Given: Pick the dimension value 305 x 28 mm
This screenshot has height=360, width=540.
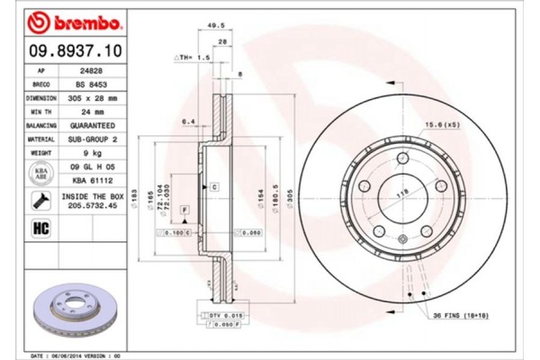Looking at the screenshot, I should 93,97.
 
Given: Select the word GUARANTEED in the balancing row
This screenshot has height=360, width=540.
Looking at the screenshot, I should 93,126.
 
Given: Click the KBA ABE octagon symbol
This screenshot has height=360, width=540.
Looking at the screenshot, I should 41,173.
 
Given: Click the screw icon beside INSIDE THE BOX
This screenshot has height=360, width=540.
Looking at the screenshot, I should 41,200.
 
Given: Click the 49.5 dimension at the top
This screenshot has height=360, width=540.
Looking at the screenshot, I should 215,28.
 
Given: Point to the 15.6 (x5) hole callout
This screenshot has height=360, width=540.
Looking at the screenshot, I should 440,125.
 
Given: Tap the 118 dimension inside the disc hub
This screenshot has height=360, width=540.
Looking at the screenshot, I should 393,192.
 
